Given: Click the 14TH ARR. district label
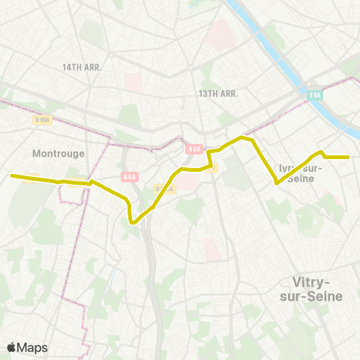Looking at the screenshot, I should (x=82, y=67).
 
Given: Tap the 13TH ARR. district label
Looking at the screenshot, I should (x=218, y=94).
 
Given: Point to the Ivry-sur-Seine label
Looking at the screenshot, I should (x=300, y=172).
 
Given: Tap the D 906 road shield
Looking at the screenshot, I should (x=42, y=118).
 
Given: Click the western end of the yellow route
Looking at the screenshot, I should (x=12, y=175).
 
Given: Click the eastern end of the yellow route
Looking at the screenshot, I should (x=349, y=157).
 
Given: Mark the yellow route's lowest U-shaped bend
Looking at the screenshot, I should (x=133, y=221).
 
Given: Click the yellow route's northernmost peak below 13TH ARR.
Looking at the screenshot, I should (x=241, y=137).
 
